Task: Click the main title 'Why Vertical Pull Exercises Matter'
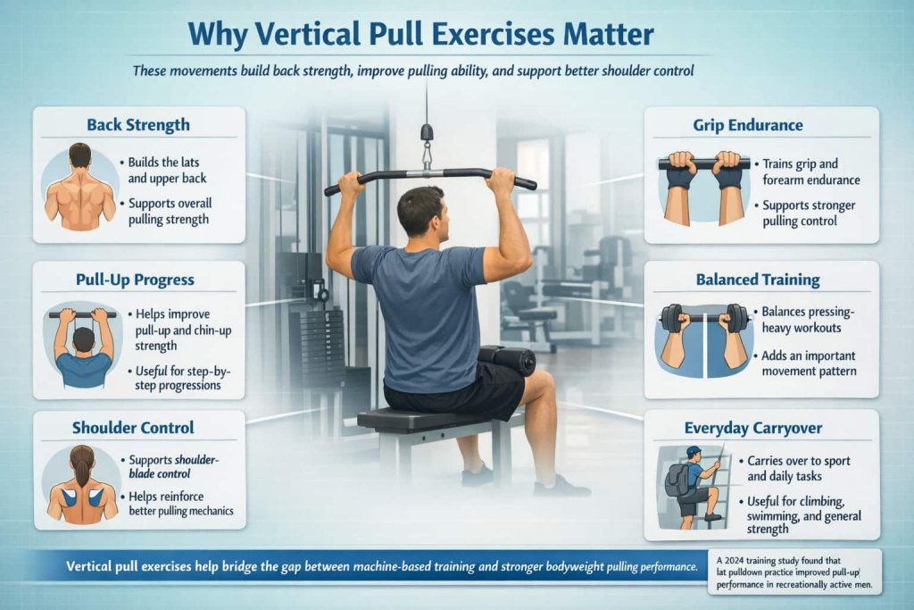pyautogui.click(x=420, y=35)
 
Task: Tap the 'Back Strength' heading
pyautogui.click(x=138, y=124)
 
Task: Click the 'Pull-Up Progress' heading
pyautogui.click(x=135, y=280)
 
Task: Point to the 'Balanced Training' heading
pyautogui.click(x=760, y=280)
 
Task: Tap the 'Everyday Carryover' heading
pyautogui.click(x=760, y=428)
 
